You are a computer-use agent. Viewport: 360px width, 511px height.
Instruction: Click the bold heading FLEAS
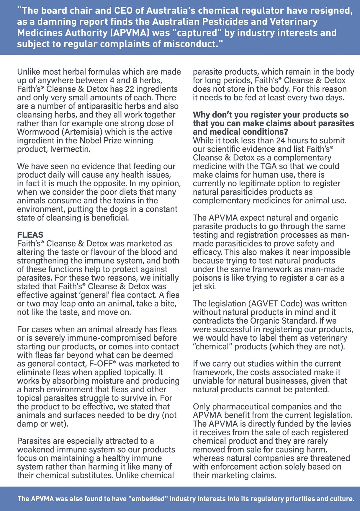[x=30, y=235]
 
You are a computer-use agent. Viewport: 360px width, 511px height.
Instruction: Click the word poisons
[x=207, y=278]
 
